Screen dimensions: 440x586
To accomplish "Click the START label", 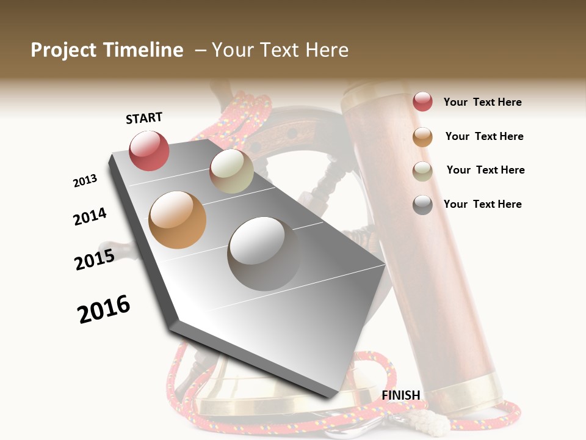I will (144, 118).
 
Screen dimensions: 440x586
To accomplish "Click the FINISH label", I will (401, 395).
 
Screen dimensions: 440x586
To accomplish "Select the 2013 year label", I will (85, 181).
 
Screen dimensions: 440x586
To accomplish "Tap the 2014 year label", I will (90, 217).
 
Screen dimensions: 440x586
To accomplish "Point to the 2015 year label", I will (95, 260).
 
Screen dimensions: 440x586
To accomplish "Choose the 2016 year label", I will (104, 309).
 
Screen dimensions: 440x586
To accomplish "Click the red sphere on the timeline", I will (149, 151).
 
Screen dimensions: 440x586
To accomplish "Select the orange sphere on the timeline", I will (177, 220).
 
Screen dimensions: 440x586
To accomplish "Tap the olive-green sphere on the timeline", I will (231, 172).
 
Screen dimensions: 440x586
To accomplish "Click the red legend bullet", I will (422, 101).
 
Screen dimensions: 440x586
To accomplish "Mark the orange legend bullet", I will (422, 137).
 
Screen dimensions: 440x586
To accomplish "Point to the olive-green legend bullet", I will (422, 171).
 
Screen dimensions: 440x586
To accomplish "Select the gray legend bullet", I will (422, 205).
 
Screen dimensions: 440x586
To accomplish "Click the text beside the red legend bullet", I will (482, 103).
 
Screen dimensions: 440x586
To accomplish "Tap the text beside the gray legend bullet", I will (482, 204).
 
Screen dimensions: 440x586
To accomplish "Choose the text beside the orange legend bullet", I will (484, 136).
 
